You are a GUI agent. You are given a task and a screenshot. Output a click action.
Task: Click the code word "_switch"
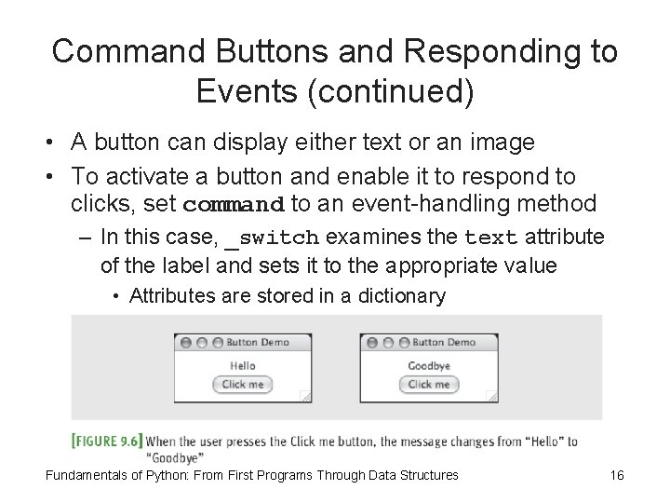tap(274, 238)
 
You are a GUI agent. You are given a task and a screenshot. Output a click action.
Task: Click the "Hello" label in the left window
tap(242, 365)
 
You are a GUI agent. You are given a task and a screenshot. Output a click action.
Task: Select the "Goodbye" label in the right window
tap(428, 365)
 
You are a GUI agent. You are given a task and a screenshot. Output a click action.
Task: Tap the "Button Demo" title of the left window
tap(257, 343)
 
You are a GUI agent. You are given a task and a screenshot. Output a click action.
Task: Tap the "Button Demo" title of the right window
tap(443, 343)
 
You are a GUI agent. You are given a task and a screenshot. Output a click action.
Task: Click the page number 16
tap(615, 475)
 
